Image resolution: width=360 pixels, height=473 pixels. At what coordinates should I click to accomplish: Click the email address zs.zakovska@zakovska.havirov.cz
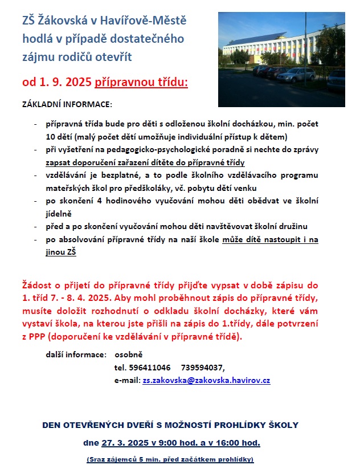coord(206,380)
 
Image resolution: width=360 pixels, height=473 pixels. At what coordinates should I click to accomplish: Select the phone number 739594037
coord(202,367)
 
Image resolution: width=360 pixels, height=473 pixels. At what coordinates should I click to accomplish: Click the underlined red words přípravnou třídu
coord(141,83)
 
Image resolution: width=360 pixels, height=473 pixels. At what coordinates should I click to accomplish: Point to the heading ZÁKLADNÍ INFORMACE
coord(67,105)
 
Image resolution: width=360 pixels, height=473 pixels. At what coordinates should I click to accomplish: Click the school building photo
coord(281,59)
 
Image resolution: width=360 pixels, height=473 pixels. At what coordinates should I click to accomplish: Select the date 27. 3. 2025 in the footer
coord(122,442)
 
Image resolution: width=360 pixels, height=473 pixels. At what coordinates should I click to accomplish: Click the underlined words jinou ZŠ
coord(61,251)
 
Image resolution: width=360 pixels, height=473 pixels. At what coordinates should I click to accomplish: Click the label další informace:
coord(76,354)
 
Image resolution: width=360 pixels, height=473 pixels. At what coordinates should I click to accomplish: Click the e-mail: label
coord(126,380)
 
